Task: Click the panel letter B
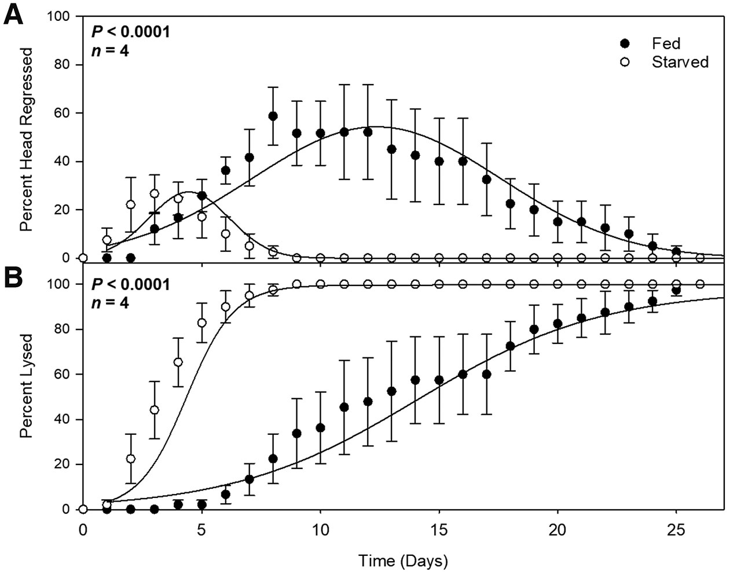point(14,277)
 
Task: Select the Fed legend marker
point(625,43)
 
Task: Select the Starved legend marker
point(625,62)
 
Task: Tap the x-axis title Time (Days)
point(403,561)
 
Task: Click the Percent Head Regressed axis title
point(27,140)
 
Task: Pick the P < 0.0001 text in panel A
point(131,31)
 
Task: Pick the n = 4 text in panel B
point(110,303)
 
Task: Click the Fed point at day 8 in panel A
point(273,116)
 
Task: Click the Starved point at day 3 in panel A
point(154,193)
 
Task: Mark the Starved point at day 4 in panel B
point(178,362)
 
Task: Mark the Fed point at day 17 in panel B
point(486,374)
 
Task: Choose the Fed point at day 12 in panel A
point(368,132)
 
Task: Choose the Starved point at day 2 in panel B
point(130,459)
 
